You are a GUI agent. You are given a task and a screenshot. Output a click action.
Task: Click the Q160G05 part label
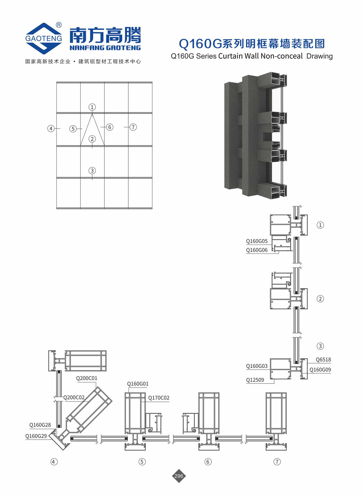pyautogui.click(x=257, y=241)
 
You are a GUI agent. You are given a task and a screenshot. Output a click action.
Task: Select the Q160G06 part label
pyautogui.click(x=257, y=250)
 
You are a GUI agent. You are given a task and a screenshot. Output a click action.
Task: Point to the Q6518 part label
pyautogui.click(x=323, y=360)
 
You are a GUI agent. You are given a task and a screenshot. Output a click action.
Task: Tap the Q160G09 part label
pyautogui.click(x=320, y=370)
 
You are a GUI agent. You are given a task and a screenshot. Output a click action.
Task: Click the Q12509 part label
pyautogui.click(x=255, y=380)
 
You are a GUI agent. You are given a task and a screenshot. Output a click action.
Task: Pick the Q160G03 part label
pyautogui.click(x=257, y=366)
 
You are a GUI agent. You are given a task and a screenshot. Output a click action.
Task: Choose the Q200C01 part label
pyautogui.click(x=87, y=378)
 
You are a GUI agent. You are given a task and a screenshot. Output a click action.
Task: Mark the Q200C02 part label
pyautogui.click(x=74, y=397)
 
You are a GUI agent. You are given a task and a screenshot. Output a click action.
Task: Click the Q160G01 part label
pyautogui.click(x=138, y=384)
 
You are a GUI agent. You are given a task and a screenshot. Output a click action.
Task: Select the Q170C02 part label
pyautogui.click(x=159, y=398)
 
